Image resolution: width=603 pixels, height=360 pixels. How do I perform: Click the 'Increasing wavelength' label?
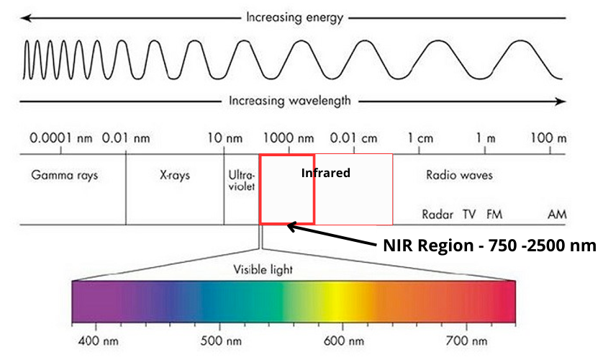pos(291,100)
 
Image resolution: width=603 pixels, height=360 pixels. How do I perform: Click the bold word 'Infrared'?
pos(325,173)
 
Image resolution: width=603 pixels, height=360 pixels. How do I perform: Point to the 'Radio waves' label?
pos(459,175)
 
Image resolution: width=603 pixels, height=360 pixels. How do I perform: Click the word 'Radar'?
pos(435,214)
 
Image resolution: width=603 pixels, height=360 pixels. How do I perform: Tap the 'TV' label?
pos(469,214)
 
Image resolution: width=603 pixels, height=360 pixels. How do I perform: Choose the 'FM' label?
pos(494,214)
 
